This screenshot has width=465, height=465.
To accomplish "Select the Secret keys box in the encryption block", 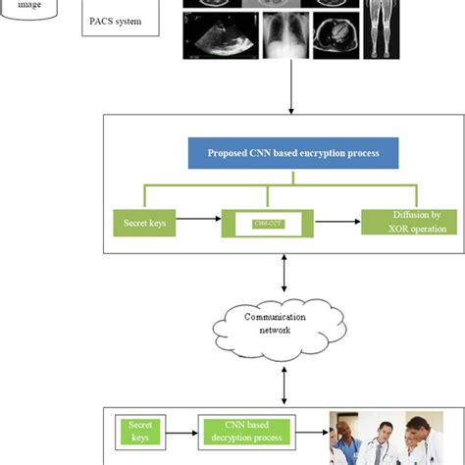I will click(143, 222).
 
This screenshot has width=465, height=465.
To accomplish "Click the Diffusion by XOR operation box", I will click(404, 222).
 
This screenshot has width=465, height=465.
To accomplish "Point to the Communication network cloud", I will click(283, 324).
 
